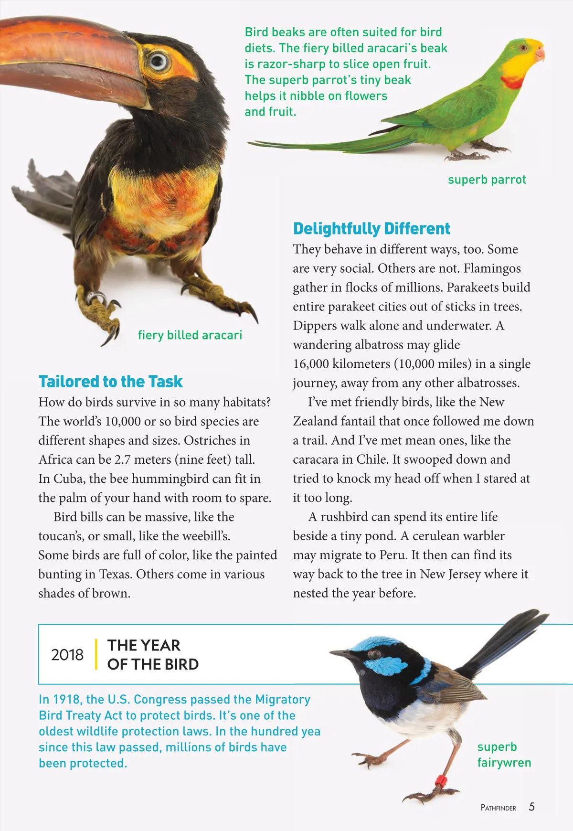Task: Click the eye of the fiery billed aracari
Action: tap(158, 62)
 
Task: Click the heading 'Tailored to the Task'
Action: tap(110, 382)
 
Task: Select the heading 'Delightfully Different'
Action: tap(371, 228)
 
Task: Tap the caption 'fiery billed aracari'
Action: tap(190, 335)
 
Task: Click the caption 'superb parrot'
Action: tap(487, 180)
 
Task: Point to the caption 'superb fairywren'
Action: tap(504, 755)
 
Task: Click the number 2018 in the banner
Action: tap(67, 654)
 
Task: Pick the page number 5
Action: tap(531, 807)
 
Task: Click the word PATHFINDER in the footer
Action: tap(498, 808)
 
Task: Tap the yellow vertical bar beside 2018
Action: tap(96, 654)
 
